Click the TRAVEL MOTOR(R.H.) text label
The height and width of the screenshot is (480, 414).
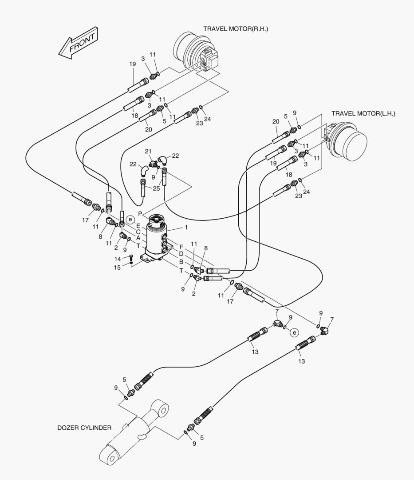pos(236,29)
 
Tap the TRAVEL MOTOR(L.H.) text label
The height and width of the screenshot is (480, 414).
pos(363,114)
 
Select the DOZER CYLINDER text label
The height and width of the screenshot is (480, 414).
pos(84,428)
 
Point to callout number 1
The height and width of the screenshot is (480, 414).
pos(186,228)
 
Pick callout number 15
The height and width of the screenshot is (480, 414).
pos(118,267)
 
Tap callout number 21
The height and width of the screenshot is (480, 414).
pos(148,152)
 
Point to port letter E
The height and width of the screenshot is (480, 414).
pos(138,225)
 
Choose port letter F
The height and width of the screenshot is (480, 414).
pos(181,247)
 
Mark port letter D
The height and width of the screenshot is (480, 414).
pos(181,254)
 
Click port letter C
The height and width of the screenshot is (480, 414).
pos(138,232)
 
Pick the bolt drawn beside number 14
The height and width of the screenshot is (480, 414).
pos(131,258)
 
